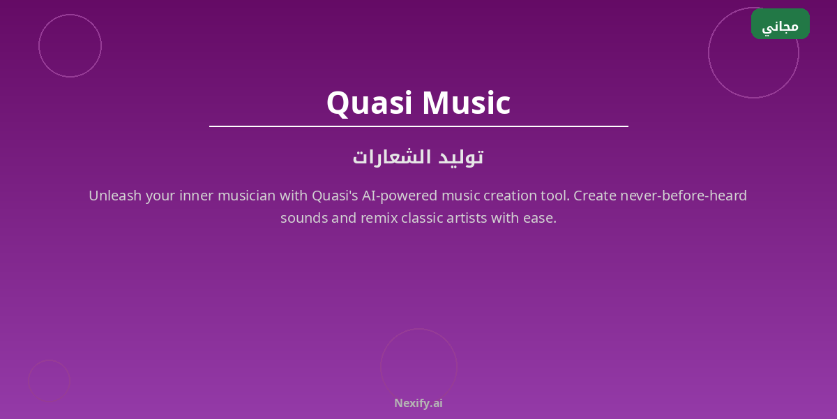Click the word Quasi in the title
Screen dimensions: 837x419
tap(369, 103)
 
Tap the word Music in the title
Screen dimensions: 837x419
tap(467, 103)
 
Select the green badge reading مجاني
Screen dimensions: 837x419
tap(781, 24)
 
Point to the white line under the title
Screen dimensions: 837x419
tap(418, 126)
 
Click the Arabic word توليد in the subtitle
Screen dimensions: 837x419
tap(461, 157)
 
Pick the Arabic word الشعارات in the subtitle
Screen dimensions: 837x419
tap(392, 157)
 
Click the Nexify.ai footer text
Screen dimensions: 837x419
tap(418, 404)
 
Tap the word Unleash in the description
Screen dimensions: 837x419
tap(115, 196)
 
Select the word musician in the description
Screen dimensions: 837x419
tap(247, 196)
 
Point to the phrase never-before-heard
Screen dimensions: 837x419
tap(684, 196)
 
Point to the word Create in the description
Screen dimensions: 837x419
tap(595, 196)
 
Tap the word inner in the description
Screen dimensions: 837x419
tap(196, 196)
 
